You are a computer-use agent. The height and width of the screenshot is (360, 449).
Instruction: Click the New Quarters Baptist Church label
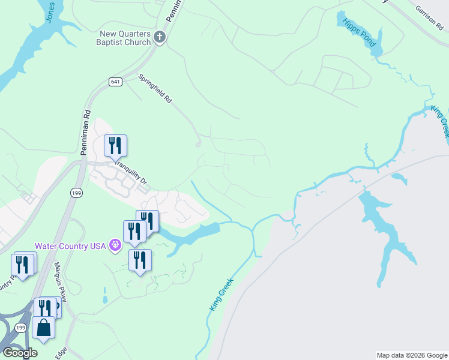124,38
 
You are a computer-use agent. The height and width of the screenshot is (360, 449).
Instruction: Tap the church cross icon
160,38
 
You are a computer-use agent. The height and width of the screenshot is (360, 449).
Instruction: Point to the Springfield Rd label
155,89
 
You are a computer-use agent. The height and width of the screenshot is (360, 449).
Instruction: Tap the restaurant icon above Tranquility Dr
115,146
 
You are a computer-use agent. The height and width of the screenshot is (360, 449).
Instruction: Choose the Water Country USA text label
70,245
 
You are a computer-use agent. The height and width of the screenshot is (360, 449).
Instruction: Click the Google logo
20,353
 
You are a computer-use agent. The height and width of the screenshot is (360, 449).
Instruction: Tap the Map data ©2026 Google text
412,355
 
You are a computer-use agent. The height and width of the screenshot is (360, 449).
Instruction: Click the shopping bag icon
43,328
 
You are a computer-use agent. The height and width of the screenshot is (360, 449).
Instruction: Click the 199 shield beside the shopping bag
20,328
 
